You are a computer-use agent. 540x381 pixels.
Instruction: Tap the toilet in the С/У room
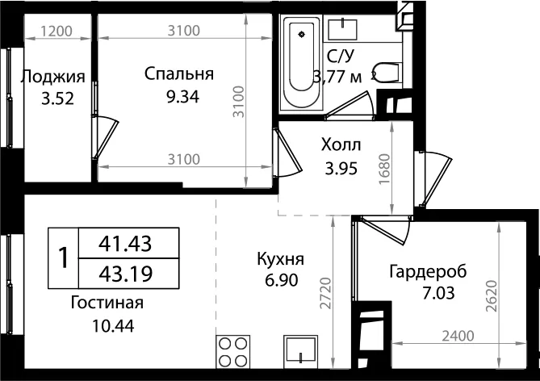coord(388,72)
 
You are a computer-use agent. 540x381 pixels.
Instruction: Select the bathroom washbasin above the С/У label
coord(342,30)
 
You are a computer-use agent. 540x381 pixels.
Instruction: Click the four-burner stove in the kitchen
coord(232,352)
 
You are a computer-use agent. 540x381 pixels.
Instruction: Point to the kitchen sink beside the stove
coord(300,350)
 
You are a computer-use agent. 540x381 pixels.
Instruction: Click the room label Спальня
coord(179,74)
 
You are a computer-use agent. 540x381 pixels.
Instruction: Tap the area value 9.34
coord(182,97)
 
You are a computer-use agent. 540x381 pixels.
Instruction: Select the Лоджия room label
coord(53,77)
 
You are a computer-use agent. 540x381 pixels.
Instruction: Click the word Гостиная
coord(107,303)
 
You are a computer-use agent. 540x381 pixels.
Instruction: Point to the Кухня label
coord(281,259)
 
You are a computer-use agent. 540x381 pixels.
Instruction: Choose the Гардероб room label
coord(428,271)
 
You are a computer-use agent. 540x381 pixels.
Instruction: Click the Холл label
coord(341,145)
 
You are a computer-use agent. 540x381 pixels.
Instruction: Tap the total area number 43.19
coord(125,274)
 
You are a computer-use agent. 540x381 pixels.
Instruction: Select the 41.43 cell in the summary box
coord(125,244)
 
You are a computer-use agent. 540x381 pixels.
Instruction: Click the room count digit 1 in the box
coord(64,257)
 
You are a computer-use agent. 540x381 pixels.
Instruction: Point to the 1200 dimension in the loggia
coord(57,31)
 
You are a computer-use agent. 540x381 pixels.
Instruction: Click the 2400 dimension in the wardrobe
coord(458,336)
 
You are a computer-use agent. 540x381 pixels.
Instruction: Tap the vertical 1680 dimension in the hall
coord(385,169)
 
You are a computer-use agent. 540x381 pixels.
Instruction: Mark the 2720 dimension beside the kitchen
coord(325,293)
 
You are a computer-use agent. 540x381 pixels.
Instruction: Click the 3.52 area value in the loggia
coord(57,99)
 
